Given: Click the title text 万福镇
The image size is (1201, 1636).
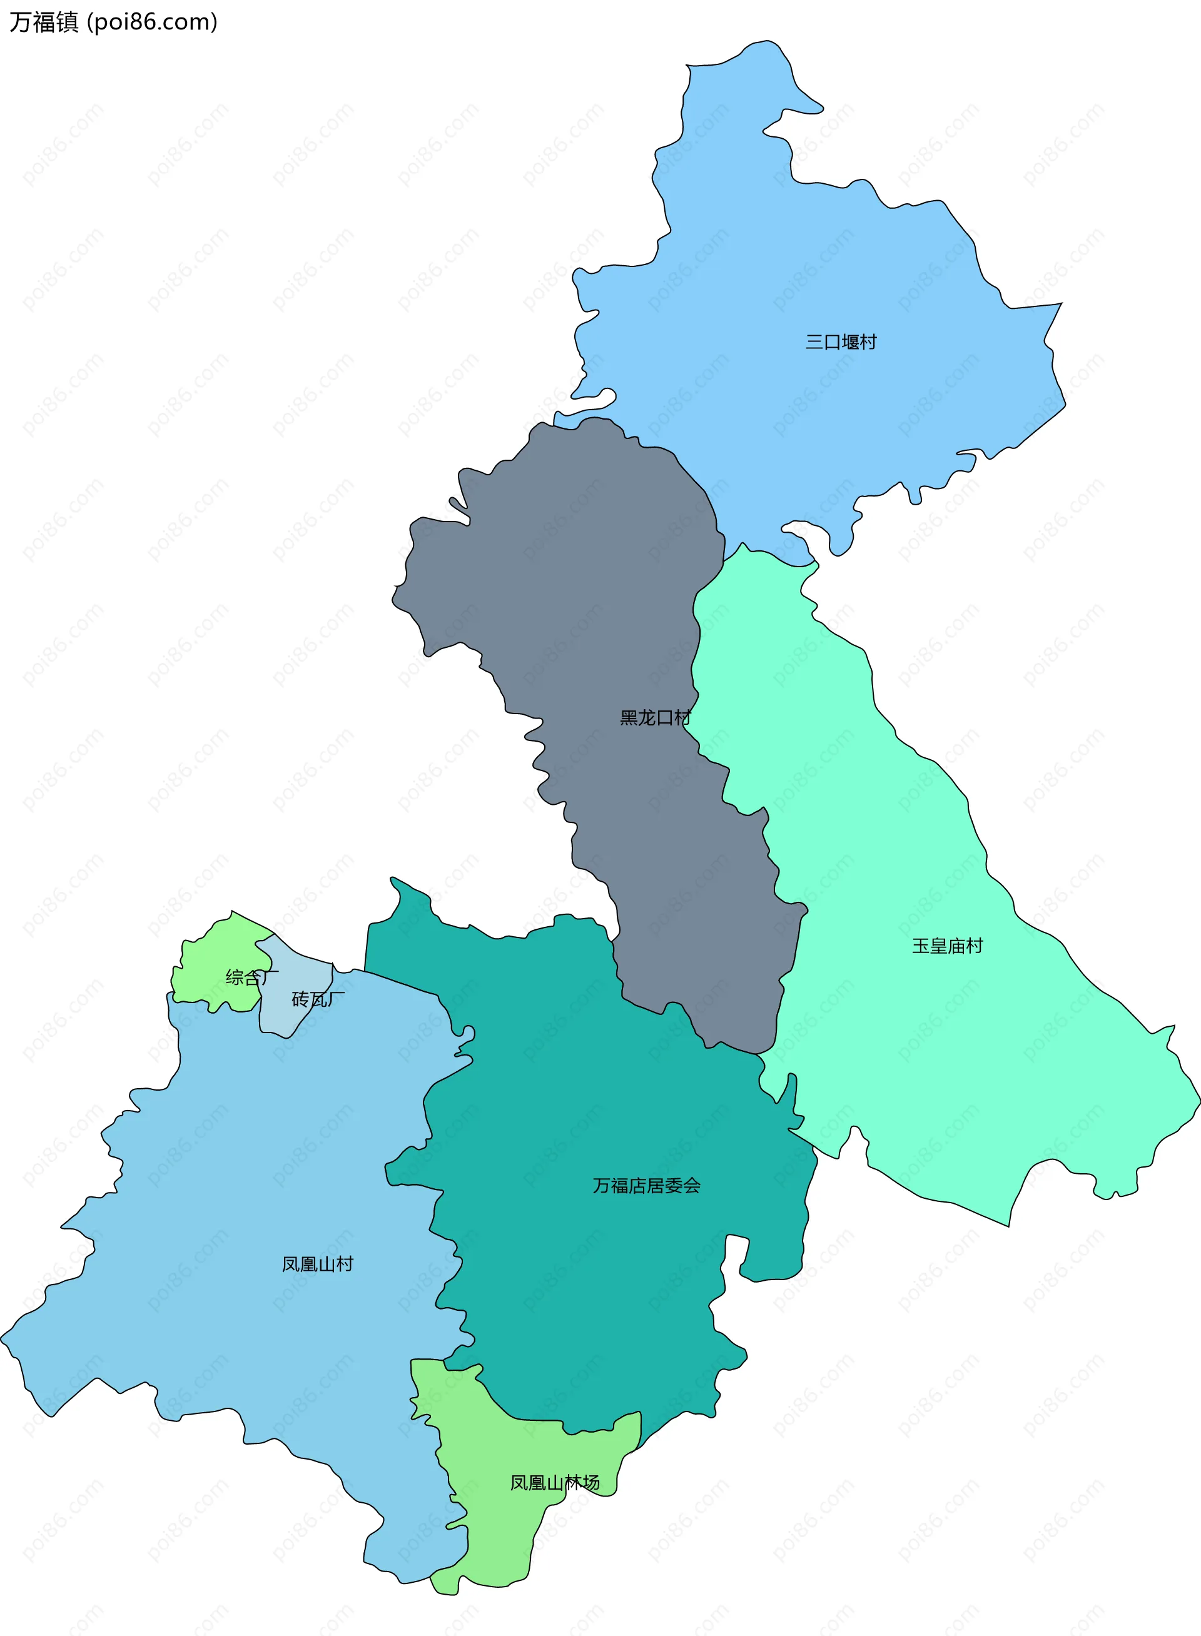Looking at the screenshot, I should (44, 23).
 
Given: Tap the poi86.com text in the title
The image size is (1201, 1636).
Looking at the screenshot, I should (152, 23).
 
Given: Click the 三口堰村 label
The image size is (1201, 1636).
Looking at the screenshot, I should (841, 341).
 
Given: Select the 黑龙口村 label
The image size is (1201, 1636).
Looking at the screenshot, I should (654, 718).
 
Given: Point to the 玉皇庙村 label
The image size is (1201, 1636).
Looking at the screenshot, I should (947, 946).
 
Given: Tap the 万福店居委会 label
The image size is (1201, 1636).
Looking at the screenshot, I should (646, 1185).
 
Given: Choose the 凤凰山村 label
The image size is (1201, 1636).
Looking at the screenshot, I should (318, 1264).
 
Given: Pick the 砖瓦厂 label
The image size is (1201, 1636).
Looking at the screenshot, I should (318, 999).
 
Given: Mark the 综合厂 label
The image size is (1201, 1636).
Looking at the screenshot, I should (251, 977).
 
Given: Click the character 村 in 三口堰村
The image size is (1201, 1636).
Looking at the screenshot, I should (869, 341).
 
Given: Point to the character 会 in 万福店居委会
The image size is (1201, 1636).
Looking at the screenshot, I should (692, 1185).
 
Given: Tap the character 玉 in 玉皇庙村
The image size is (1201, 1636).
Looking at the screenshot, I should (920, 946).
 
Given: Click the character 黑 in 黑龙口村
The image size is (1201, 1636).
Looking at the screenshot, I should (628, 718).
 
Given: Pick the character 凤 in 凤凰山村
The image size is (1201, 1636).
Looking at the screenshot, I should (291, 1264).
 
